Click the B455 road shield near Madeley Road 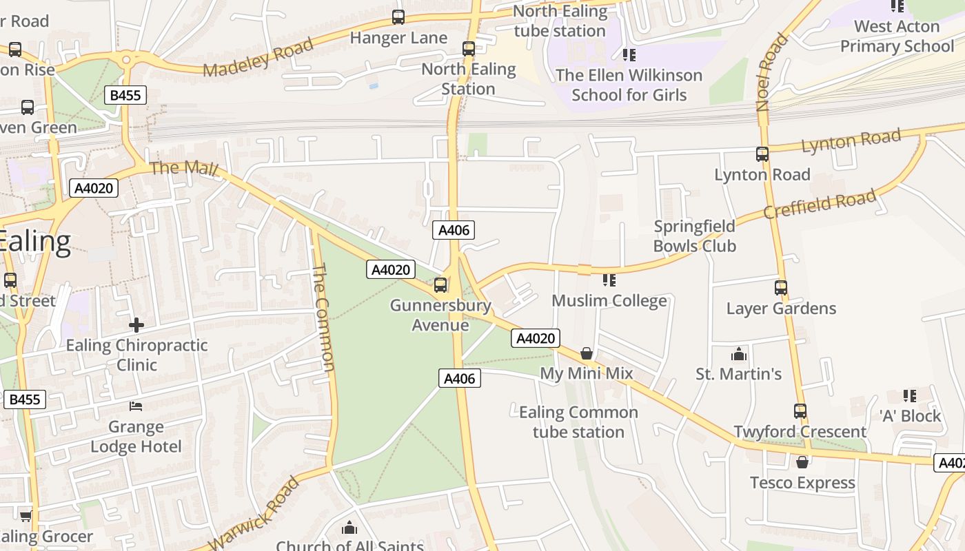[x=125, y=95]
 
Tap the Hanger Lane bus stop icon [x=398, y=17]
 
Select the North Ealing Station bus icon [x=469, y=49]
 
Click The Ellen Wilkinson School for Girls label [x=629, y=85]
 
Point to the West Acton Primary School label [x=897, y=37]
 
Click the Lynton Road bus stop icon [x=762, y=154]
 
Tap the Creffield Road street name [x=820, y=205]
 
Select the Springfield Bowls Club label [x=694, y=236]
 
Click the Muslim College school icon [x=609, y=280]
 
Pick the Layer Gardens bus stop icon [x=781, y=288]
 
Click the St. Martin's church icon [x=739, y=355]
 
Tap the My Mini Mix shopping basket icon [x=587, y=353]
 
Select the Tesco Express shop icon [x=802, y=462]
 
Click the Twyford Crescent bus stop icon [x=800, y=411]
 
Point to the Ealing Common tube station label [x=578, y=422]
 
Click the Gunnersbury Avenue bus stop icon [x=440, y=284]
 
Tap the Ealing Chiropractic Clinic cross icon [x=136, y=324]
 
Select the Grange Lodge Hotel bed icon [x=136, y=406]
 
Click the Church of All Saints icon [x=349, y=528]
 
